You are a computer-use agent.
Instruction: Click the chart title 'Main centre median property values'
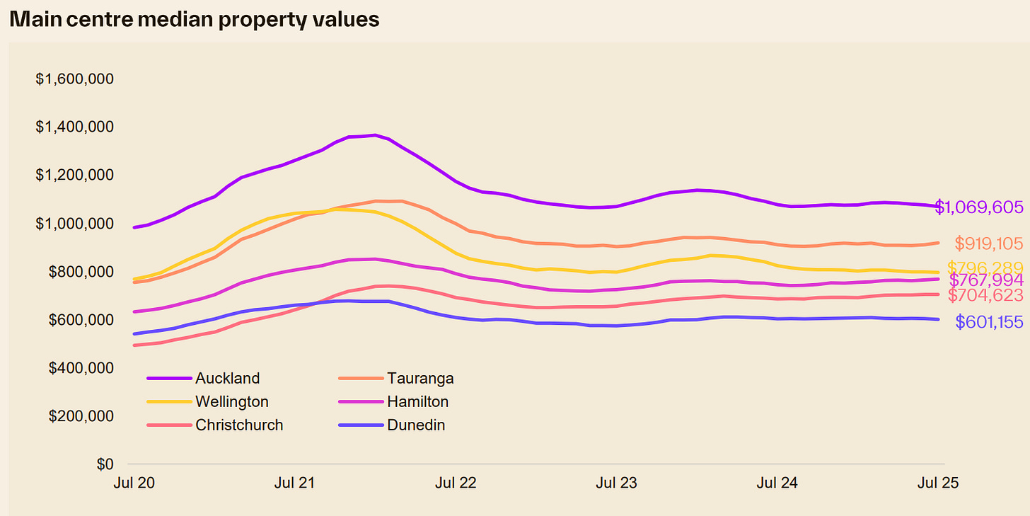click(x=195, y=19)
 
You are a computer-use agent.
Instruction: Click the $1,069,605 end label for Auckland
click(x=979, y=207)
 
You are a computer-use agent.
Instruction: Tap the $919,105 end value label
click(x=988, y=244)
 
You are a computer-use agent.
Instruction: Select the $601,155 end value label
click(x=988, y=322)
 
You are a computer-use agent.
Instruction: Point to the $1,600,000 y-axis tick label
click(x=75, y=79)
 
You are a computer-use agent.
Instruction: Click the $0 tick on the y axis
click(x=105, y=464)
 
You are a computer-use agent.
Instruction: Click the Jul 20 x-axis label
click(x=134, y=483)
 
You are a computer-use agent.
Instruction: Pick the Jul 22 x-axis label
click(x=456, y=483)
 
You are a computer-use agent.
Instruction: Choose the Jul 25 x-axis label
click(x=937, y=483)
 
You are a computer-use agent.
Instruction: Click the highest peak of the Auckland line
click(x=374, y=134)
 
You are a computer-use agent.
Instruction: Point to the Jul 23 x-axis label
click(x=616, y=483)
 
